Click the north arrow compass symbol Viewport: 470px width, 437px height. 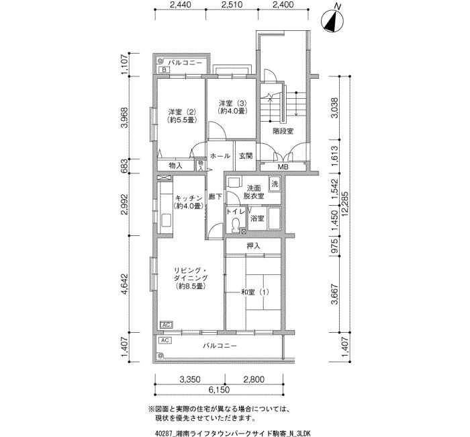[332, 20]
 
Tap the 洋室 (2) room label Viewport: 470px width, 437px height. [182, 116]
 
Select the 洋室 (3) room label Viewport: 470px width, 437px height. [232, 107]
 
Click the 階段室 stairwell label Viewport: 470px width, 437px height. [283, 131]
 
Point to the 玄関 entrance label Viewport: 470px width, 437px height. [246, 156]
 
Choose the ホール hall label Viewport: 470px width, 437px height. [220, 156]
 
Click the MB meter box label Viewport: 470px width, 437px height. [283, 167]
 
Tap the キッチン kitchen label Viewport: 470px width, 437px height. [189, 202]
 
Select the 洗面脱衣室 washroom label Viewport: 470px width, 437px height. [254, 192]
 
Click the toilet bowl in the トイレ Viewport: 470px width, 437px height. [236, 225]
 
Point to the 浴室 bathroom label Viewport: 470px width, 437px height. [257, 218]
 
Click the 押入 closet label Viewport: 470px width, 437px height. [253, 246]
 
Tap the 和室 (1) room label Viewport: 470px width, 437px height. [255, 292]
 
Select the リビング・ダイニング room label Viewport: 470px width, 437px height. [190, 278]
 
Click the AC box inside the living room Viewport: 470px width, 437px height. [167, 325]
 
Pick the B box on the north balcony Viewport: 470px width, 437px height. [164, 70]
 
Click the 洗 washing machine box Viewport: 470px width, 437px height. [275, 184]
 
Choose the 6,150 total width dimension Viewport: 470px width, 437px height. [219, 390]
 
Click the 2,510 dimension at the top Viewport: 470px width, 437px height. [232, 5]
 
